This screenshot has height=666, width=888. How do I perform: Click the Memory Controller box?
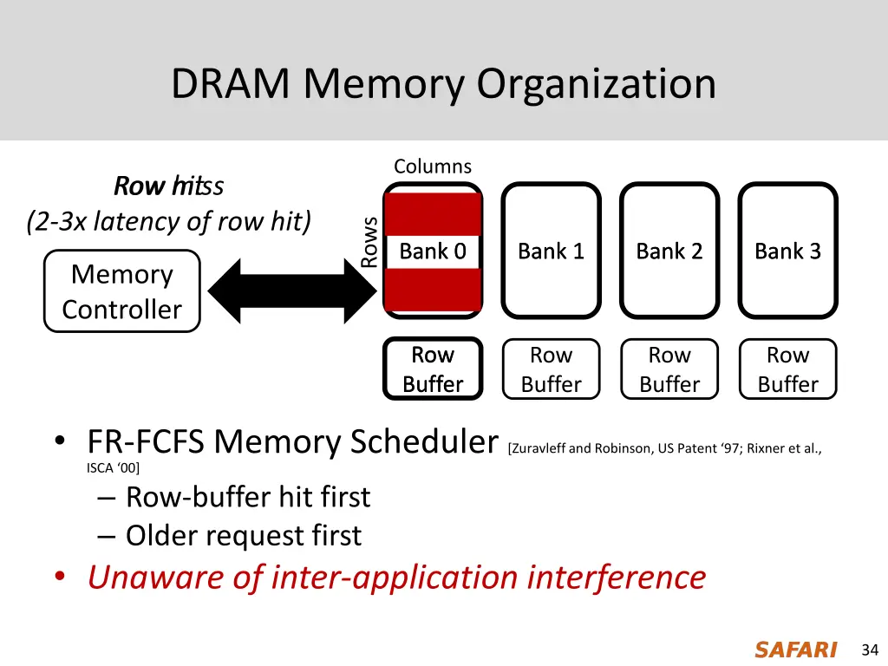(x=121, y=291)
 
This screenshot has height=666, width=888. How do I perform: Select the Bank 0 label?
(x=433, y=251)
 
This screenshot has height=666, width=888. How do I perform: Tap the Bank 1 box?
(x=551, y=251)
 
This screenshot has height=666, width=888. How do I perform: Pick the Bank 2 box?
(x=669, y=251)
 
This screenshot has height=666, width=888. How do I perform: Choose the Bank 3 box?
(x=787, y=251)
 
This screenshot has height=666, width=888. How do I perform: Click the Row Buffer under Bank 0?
(x=433, y=369)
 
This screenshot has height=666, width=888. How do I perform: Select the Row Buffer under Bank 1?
(x=551, y=369)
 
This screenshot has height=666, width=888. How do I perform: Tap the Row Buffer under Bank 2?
(x=669, y=369)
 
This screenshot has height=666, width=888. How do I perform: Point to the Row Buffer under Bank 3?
(x=787, y=369)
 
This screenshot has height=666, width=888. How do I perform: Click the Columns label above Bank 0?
(x=433, y=166)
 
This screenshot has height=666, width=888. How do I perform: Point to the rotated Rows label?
(x=369, y=242)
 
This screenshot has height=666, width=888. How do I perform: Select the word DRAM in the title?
(x=232, y=84)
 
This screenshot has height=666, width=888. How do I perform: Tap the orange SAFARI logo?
(x=795, y=650)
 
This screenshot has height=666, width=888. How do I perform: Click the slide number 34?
(x=870, y=650)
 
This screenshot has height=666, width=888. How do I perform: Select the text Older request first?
(x=243, y=536)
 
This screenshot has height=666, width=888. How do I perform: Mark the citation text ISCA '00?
(x=113, y=469)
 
